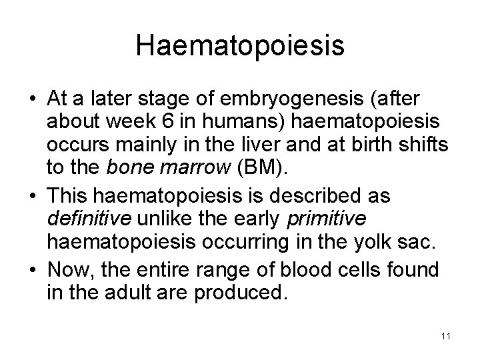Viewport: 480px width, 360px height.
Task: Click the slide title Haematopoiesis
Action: (x=240, y=45)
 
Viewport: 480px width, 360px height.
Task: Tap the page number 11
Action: (x=445, y=336)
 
